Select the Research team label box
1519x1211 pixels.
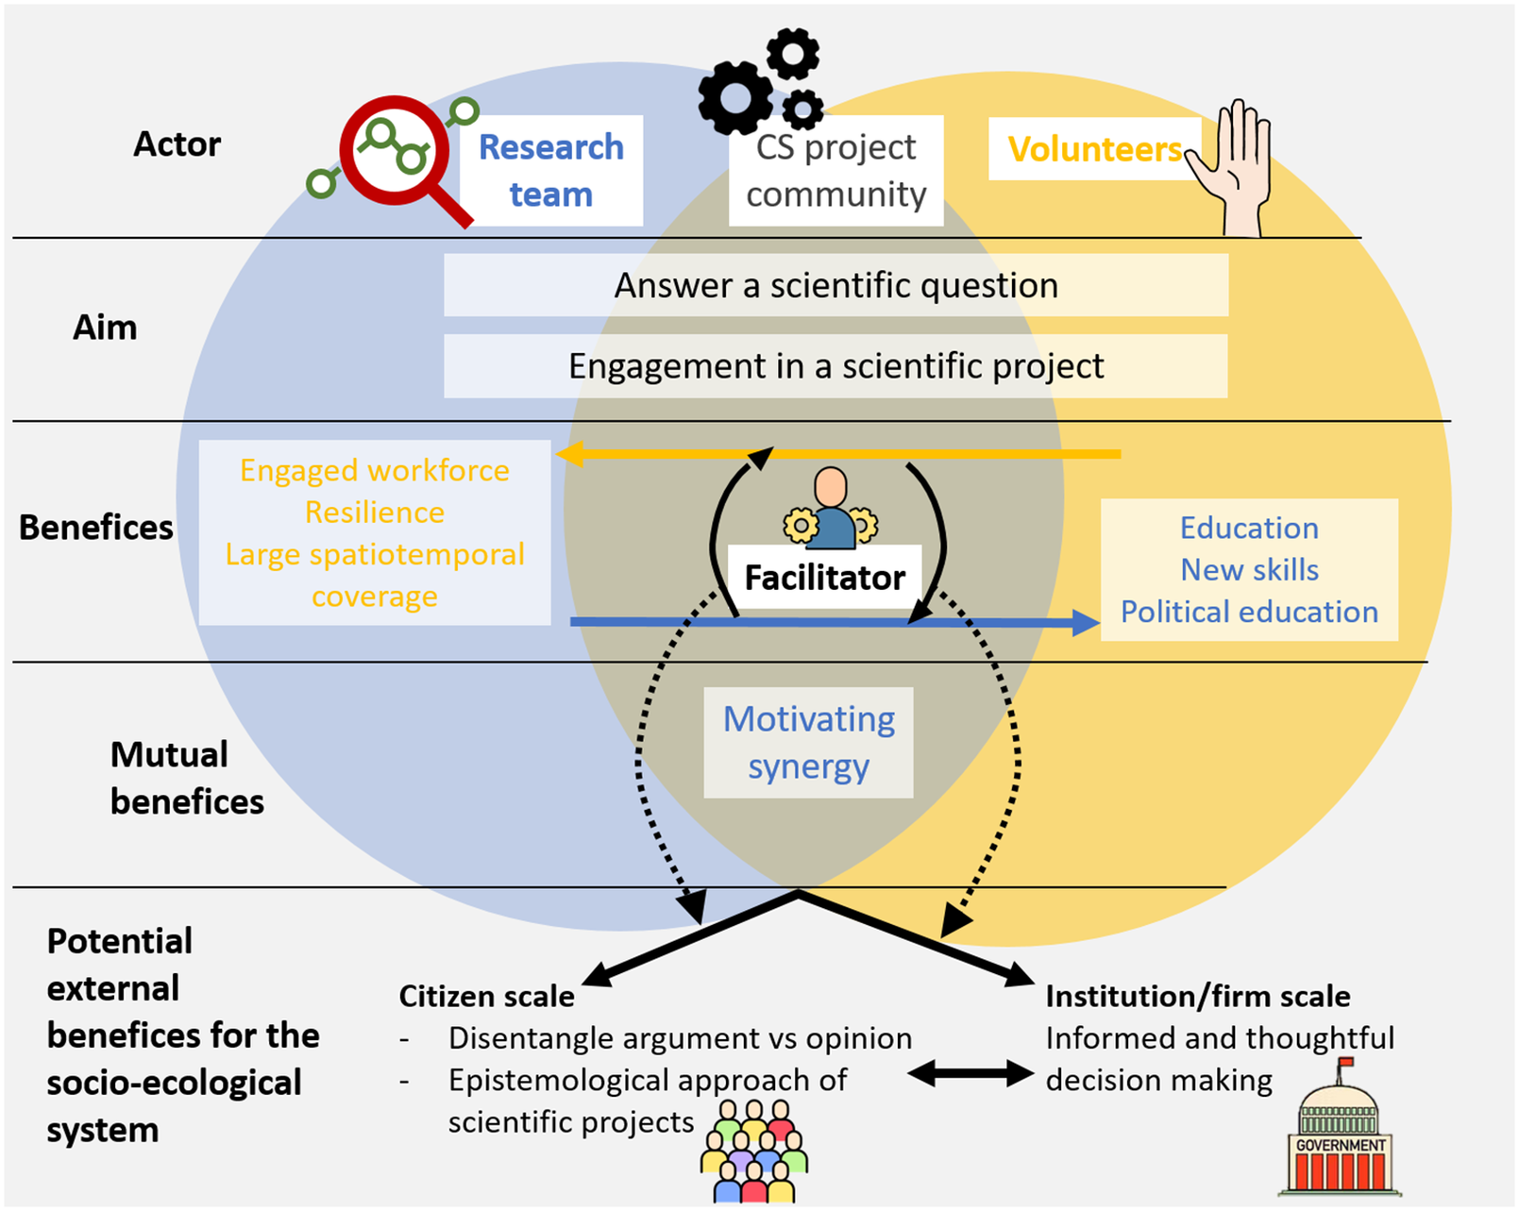[x=551, y=171]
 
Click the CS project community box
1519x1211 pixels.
[x=836, y=171]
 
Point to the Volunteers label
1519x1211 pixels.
[x=1093, y=149]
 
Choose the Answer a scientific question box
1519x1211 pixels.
[x=836, y=285]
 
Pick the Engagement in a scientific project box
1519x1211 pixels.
[x=836, y=366]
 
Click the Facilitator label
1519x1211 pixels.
[x=824, y=577]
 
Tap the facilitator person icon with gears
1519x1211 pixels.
[x=831, y=511]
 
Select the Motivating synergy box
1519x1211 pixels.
[x=808, y=743]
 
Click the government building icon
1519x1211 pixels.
[x=1340, y=1136]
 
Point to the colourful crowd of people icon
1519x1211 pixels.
[x=754, y=1152]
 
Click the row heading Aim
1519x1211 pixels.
[x=105, y=328]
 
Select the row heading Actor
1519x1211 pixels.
[x=177, y=144]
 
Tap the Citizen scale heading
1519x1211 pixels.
[x=486, y=997]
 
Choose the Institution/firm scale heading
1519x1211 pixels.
[x=1197, y=997]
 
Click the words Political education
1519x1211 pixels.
[x=1249, y=612]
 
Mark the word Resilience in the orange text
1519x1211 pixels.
[x=374, y=512]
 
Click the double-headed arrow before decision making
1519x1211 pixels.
[x=970, y=1073]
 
